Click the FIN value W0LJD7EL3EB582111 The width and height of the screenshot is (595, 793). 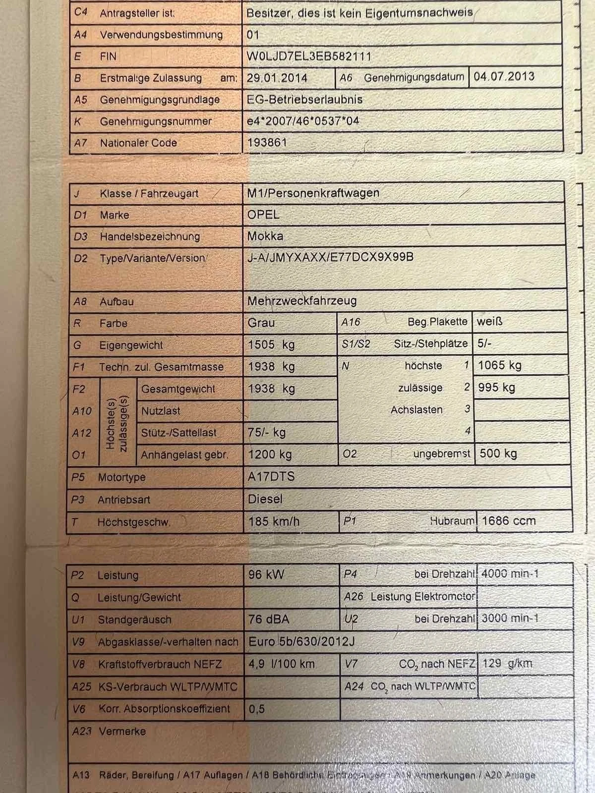tap(308, 57)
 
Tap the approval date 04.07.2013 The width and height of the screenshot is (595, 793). tap(504, 77)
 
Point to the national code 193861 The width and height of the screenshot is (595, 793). tap(267, 143)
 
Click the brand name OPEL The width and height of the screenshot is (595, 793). tap(263, 215)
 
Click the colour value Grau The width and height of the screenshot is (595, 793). tap(261, 323)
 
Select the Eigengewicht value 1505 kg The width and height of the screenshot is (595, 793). tap(271, 345)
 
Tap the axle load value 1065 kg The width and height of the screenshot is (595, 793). tap(499, 366)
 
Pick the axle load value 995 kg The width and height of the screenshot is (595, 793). tap(496, 388)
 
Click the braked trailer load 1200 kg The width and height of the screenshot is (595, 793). tap(270, 454)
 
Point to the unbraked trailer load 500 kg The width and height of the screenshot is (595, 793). tap(498, 453)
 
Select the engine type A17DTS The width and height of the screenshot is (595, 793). tap(271, 477)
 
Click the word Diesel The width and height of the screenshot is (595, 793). tap(265, 499)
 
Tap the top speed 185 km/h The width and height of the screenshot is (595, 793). tap(274, 521)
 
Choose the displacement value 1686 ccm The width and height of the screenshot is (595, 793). tap(509, 521)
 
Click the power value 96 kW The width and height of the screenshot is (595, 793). tap(266, 575)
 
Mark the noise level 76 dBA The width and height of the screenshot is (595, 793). tap(269, 619)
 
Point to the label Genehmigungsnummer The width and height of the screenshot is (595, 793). tap(156, 121)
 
